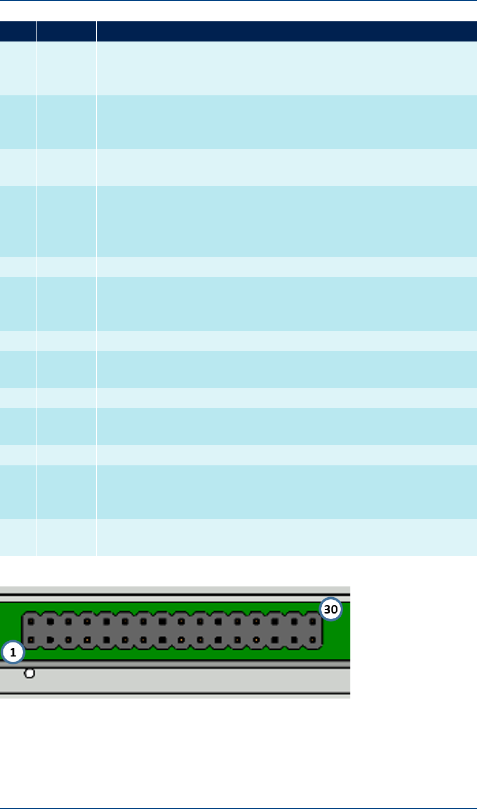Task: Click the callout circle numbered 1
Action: pos(12,653)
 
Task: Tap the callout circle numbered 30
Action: pos(331,609)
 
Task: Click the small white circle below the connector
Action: pos(30,673)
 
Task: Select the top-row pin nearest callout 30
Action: pos(312,621)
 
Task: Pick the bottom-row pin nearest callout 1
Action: pos(31,640)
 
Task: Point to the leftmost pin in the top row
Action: pos(31,621)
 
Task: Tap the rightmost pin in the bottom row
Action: pos(312,640)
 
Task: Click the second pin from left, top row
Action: pos(50,621)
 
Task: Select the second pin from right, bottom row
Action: pos(294,640)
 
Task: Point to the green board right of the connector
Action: pos(336,639)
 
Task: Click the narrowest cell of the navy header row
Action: pos(18,31)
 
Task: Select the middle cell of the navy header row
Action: pos(66,31)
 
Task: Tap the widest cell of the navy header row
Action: pos(286,31)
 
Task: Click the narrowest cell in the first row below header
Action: pos(18,68)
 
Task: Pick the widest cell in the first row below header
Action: pos(286,68)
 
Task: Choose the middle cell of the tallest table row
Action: pos(66,221)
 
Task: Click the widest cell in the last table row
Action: pos(286,537)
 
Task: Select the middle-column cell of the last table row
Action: pos(66,537)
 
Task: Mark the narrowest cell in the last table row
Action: pos(18,537)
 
